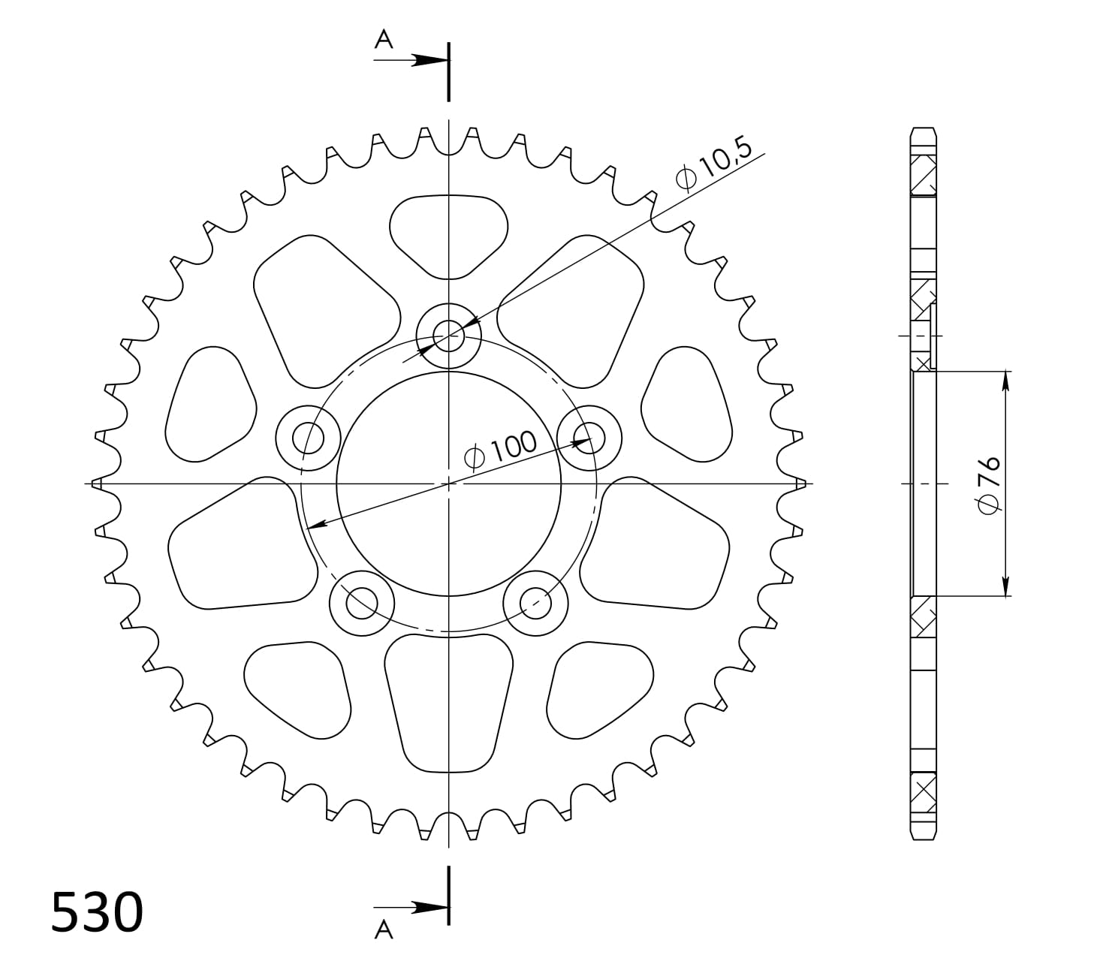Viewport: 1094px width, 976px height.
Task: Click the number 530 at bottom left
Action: tap(96, 913)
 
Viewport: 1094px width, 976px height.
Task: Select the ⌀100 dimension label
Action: tap(501, 449)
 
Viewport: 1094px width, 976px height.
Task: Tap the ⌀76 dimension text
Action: tap(988, 484)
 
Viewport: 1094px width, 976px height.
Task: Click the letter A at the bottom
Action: tap(384, 931)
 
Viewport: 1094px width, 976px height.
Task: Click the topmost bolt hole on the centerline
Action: tap(448, 336)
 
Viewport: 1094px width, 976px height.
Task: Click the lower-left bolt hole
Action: tap(362, 601)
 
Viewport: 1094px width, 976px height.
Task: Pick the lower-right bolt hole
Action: tap(535, 601)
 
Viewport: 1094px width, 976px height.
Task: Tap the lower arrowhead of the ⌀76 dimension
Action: tap(1005, 586)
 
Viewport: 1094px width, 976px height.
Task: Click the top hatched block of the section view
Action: tap(924, 175)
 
